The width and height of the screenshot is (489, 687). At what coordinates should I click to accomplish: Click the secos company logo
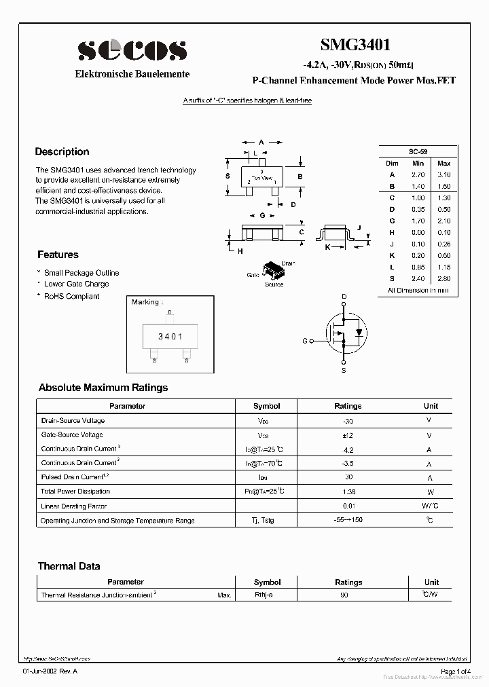(x=132, y=50)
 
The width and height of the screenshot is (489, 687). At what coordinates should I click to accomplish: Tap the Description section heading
(x=62, y=151)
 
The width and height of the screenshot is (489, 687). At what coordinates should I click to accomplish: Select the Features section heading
(x=58, y=255)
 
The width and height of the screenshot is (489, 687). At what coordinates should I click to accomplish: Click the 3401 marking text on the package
(x=170, y=337)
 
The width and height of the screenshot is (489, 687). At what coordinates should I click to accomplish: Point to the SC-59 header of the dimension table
(x=418, y=151)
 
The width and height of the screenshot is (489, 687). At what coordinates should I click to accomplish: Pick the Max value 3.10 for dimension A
(x=443, y=174)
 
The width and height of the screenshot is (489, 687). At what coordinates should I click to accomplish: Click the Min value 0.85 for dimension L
(x=418, y=267)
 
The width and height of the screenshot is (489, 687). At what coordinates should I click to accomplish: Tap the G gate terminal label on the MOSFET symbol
(x=305, y=341)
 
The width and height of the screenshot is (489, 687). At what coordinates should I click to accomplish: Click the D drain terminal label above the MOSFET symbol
(x=344, y=297)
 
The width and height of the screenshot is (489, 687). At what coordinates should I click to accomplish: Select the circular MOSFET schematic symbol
(x=344, y=333)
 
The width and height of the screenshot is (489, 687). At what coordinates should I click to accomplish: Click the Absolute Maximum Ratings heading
(x=103, y=388)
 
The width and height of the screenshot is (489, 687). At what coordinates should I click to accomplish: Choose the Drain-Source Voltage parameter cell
(x=73, y=421)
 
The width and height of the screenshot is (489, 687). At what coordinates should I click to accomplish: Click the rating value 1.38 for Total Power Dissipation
(x=348, y=491)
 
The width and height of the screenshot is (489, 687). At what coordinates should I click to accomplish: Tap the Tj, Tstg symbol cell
(x=266, y=521)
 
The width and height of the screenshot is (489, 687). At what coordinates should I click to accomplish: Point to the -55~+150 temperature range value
(x=348, y=520)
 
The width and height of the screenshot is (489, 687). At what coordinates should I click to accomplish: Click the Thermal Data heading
(x=69, y=566)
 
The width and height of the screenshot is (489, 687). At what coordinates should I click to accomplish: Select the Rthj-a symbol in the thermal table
(x=264, y=595)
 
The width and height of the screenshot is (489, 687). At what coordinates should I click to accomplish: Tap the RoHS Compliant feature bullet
(x=71, y=296)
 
